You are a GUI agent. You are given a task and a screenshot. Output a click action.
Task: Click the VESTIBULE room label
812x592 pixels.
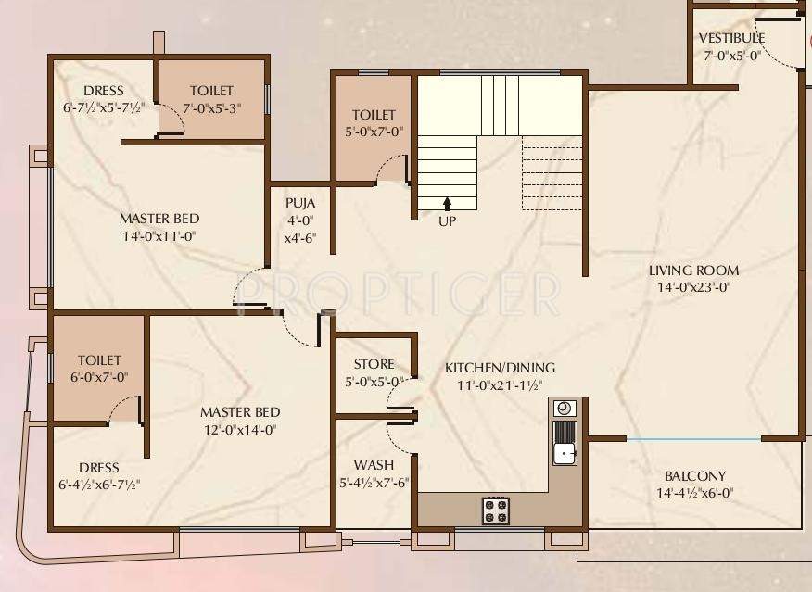[x=731, y=38]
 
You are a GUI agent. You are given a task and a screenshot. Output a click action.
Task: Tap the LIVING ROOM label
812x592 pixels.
[x=693, y=271]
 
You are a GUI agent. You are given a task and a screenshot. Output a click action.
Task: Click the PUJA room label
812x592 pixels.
[x=299, y=203]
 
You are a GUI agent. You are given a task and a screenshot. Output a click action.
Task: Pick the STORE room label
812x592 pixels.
[x=374, y=364]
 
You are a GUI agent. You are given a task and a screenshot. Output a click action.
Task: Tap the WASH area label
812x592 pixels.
[x=374, y=464]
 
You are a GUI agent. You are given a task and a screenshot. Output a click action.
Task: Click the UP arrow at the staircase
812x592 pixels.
[x=447, y=203]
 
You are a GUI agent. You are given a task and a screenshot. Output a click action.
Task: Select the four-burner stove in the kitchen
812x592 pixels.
[x=495, y=510]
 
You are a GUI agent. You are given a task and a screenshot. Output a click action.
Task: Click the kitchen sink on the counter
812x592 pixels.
[x=564, y=452]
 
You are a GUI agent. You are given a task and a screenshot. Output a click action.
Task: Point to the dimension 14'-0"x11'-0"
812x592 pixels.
[x=159, y=236]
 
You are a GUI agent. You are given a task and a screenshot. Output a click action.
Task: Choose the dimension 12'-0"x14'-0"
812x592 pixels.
[x=240, y=429]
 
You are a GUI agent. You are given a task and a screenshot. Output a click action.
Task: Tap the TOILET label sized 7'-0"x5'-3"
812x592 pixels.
[x=212, y=91]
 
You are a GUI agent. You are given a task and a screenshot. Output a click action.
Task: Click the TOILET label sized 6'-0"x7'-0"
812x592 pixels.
[x=99, y=359]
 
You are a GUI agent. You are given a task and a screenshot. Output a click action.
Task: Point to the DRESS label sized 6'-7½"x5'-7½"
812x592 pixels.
[x=104, y=91]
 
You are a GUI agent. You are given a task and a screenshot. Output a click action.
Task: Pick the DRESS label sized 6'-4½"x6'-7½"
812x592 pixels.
[x=99, y=468]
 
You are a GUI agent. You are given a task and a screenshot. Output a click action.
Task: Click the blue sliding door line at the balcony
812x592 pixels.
[x=693, y=438]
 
